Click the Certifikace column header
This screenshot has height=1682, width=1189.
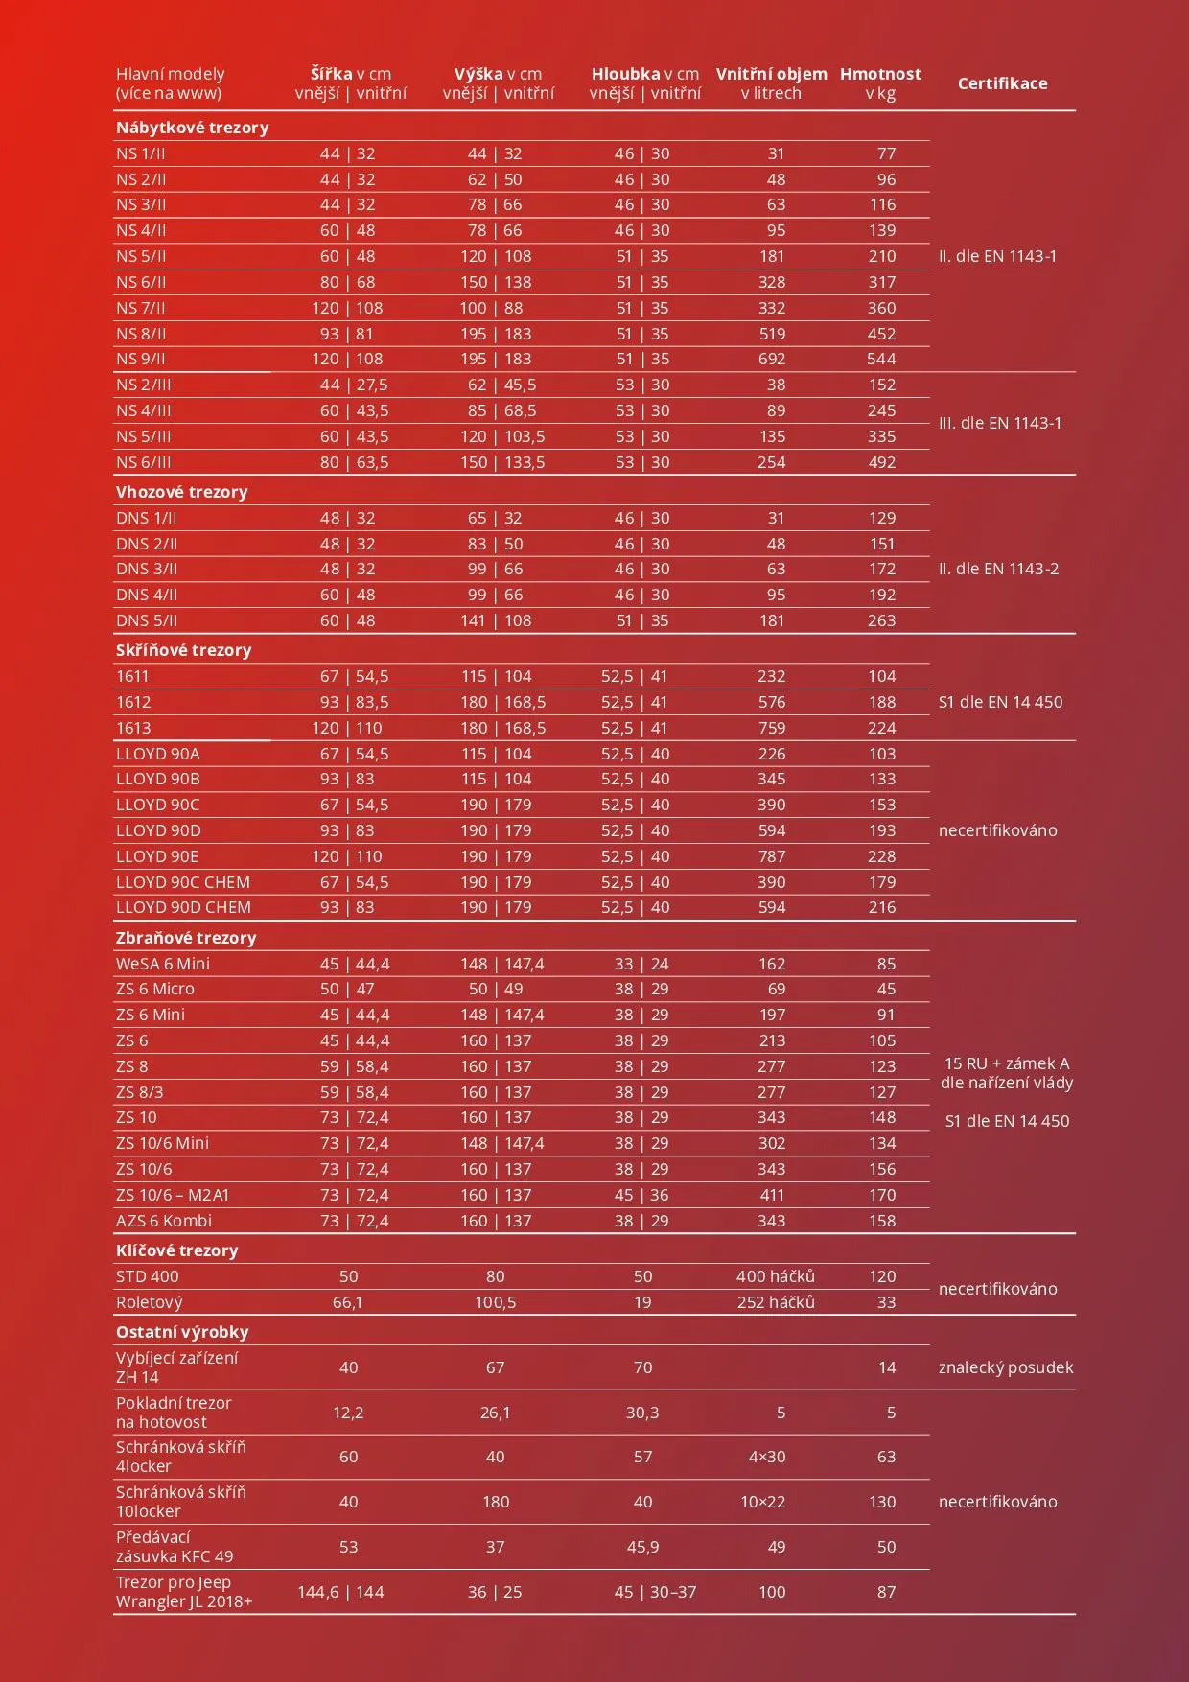coord(1002,83)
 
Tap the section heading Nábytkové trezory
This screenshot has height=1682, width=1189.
coord(192,128)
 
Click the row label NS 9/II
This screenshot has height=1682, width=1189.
coord(141,359)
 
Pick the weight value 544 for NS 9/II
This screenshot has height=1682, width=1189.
coord(881,359)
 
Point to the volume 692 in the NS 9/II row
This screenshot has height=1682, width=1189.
coord(771,359)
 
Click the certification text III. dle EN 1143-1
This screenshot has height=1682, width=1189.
coord(999,423)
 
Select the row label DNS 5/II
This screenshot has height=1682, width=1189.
coord(147,620)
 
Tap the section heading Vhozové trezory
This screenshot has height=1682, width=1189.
coord(181,492)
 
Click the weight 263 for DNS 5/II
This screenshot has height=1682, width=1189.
coord(881,620)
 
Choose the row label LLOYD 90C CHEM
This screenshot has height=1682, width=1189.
coord(183,882)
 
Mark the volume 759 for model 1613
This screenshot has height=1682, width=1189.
coord(771,728)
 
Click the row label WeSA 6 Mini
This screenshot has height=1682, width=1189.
coord(163,964)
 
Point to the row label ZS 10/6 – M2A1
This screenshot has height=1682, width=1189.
coord(173,1195)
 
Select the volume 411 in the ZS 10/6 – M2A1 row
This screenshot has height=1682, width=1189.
coord(772,1195)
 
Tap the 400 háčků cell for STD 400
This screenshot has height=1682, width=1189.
coord(775,1276)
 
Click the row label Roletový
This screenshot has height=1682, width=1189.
coord(150,1302)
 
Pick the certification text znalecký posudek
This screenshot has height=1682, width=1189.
coord(1006,1367)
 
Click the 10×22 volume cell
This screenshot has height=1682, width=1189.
coord(762,1502)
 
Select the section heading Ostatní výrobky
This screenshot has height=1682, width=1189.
coord(182,1332)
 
